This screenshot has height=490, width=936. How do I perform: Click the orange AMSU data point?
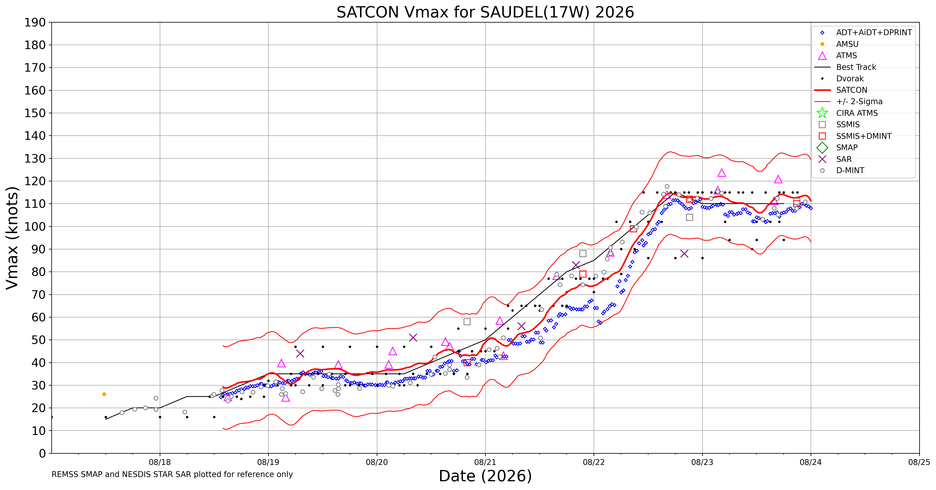tap(104, 394)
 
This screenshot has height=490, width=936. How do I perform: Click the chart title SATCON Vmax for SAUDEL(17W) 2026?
tap(485, 12)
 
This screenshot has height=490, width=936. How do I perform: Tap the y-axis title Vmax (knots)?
tap(12, 238)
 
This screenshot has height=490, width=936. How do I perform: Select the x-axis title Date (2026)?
tap(485, 476)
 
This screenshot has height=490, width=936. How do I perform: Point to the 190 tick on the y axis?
tap(35, 23)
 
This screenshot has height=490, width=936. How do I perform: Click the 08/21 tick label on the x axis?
tap(485, 462)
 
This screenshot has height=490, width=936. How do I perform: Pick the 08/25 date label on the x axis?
tap(919, 462)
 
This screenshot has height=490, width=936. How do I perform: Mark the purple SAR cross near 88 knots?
tap(684, 254)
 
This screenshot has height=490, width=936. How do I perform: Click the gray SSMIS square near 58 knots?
tap(467, 322)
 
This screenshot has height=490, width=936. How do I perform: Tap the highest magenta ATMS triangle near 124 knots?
tap(722, 173)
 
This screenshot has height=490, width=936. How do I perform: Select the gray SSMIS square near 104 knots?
tap(689, 217)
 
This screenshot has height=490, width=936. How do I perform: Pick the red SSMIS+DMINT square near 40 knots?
tap(467, 363)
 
